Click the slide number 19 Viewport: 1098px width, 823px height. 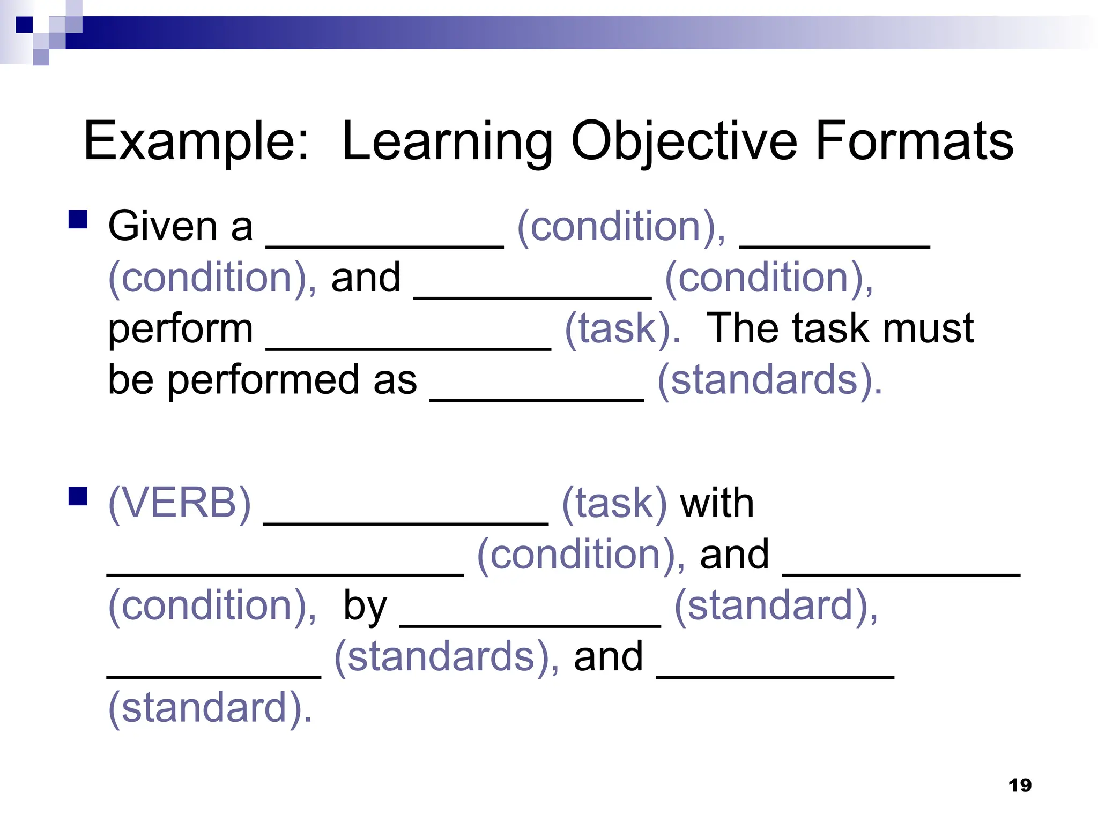1020,785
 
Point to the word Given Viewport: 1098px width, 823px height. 162,226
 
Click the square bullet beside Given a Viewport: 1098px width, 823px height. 78,219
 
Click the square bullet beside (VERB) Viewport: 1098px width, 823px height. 78,496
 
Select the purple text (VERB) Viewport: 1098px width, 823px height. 180,503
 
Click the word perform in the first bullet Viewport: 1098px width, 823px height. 180,329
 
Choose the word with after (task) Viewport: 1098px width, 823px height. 717,503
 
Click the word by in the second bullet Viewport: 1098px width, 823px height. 365,606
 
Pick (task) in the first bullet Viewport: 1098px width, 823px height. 622,329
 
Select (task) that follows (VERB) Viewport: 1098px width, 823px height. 614,503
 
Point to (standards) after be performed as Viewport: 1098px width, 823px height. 769,380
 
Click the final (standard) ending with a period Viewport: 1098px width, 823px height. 210,708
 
